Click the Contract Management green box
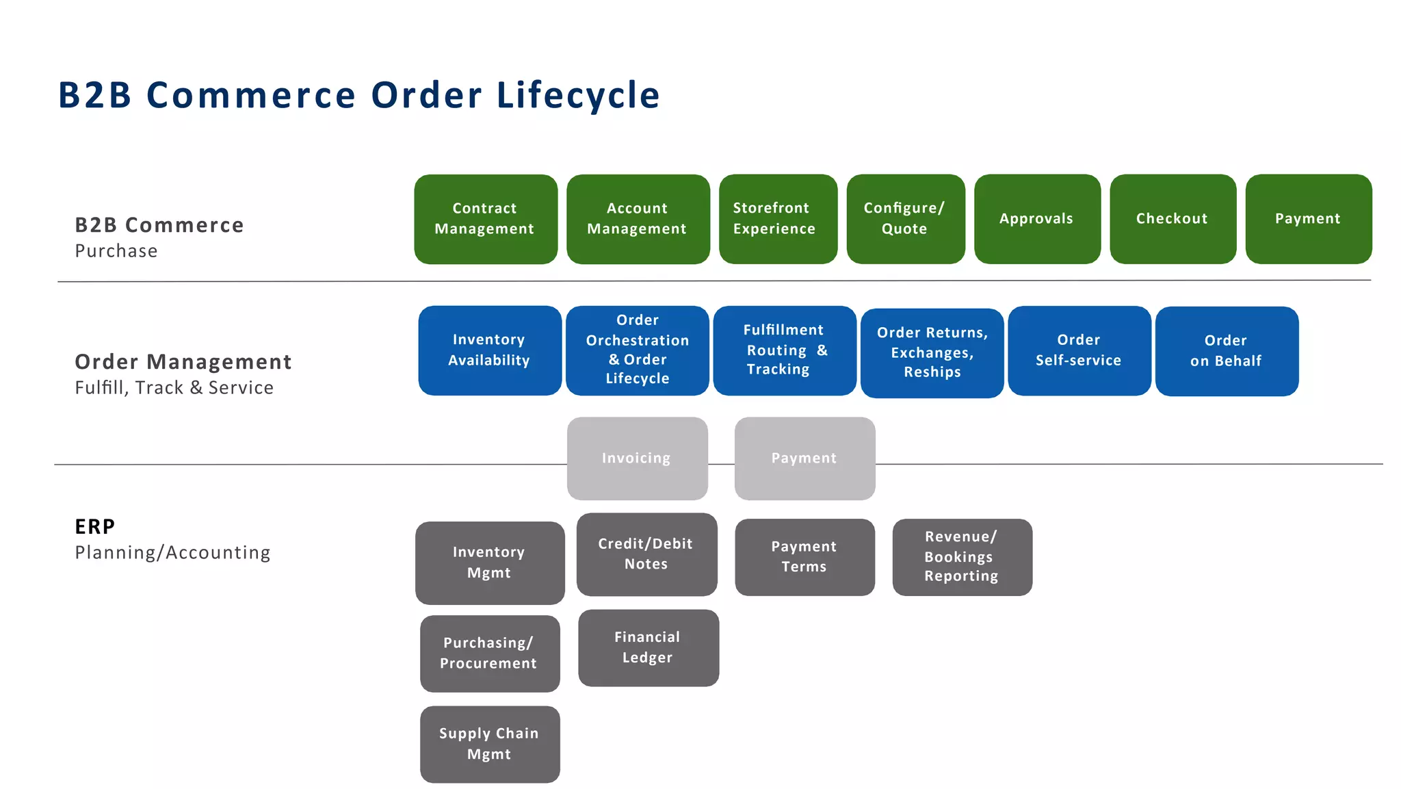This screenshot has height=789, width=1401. pos(486,219)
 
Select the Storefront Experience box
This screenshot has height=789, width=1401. pos(778,219)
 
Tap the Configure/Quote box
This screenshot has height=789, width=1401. pos(905,219)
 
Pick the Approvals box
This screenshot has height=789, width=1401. pos(1037,219)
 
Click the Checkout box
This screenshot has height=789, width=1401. pos(1173,219)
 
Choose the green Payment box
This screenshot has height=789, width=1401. pos(1308,219)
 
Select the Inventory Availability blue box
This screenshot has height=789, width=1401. pos(490,350)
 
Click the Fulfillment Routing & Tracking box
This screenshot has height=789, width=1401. pos(785,350)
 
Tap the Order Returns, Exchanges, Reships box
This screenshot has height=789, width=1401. pos(932,353)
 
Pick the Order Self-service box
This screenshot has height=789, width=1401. pos(1079,350)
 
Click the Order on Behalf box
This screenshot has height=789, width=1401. pos(1227,351)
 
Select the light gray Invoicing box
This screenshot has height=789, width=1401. pos(637,458)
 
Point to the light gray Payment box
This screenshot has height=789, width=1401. pos(804,458)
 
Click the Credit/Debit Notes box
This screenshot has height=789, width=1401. pos(646,554)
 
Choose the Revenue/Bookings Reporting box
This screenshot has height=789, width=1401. pos(962,557)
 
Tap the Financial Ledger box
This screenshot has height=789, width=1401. pos(648,648)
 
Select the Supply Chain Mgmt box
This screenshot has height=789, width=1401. pos(490,744)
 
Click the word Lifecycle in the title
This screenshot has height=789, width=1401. pos(578,95)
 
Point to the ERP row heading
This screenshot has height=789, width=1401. pos(95,527)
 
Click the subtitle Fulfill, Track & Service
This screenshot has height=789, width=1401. pos(174,388)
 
